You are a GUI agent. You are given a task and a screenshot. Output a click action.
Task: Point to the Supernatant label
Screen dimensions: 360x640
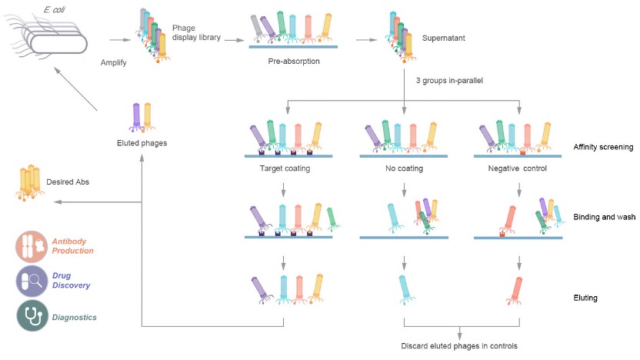pos(444,36)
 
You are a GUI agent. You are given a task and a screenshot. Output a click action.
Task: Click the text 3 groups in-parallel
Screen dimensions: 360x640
pos(448,81)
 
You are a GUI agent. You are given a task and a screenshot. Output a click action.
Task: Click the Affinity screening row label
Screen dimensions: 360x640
pos(603,147)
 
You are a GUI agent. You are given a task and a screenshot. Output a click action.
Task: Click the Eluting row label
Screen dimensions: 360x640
pos(586,296)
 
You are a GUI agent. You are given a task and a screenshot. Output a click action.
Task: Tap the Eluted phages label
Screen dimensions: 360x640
pos(143,142)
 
